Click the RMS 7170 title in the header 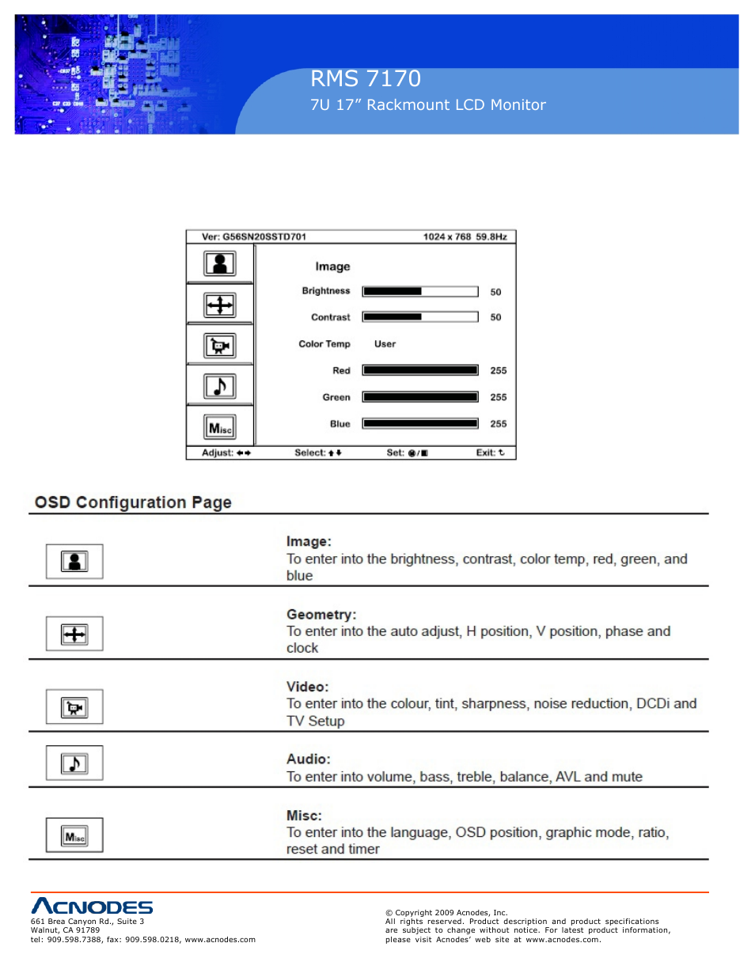click(x=365, y=78)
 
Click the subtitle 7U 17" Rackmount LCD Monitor click(x=427, y=104)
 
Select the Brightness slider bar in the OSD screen click(x=419, y=291)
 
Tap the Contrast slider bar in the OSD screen click(x=419, y=317)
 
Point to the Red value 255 click(x=498, y=370)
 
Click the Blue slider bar click(x=419, y=424)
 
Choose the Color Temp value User click(x=385, y=344)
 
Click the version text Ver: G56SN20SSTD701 click(x=253, y=237)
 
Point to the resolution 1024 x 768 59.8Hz click(x=465, y=237)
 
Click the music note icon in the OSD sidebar click(x=220, y=386)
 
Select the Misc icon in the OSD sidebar click(x=220, y=428)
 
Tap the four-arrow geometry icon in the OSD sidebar click(x=220, y=305)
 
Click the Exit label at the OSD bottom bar click(x=489, y=453)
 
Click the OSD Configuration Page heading click(x=133, y=502)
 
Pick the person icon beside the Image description click(x=74, y=562)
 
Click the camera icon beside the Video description click(x=74, y=707)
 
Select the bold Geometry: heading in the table click(x=321, y=615)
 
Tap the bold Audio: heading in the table click(x=308, y=759)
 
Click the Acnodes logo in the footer click(x=92, y=907)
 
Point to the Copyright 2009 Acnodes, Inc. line click(x=446, y=913)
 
